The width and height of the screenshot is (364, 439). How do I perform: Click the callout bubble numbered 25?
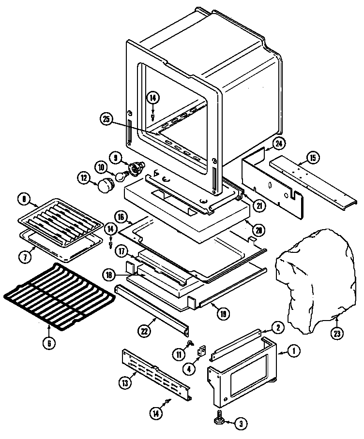point(106,118)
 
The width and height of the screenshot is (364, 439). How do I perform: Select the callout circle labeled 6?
point(49,343)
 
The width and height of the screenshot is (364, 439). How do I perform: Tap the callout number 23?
point(336,333)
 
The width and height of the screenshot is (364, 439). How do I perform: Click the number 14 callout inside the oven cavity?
point(153,98)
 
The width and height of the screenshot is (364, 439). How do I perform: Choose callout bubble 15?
point(312,157)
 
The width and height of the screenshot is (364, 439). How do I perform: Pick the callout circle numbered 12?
point(84,178)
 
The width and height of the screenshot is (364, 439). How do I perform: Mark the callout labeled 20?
point(259,231)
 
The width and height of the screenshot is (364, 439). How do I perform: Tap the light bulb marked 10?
point(121,172)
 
